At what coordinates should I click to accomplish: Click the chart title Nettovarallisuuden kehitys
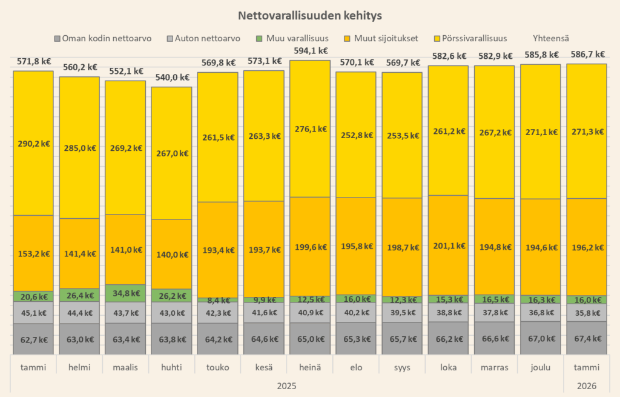pyautogui.click(x=309, y=15)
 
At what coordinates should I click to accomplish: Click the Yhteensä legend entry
pyautogui.click(x=551, y=38)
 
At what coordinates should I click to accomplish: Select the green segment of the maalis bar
pyautogui.click(x=125, y=293)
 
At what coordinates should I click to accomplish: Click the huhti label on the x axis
pyautogui.click(x=171, y=367)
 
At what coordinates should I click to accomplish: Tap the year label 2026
pyautogui.click(x=586, y=385)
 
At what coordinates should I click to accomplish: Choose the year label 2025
pyautogui.click(x=286, y=385)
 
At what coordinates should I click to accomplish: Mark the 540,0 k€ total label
pyautogui.click(x=171, y=78)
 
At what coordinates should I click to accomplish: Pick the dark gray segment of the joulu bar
pyautogui.click(x=540, y=338)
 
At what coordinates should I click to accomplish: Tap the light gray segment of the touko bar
pyautogui.click(x=217, y=313)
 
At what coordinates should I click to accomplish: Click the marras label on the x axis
pyautogui.click(x=494, y=367)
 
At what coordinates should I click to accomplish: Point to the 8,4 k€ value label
pyautogui.click(x=217, y=300)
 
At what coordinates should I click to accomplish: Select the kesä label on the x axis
pyautogui.click(x=263, y=367)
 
